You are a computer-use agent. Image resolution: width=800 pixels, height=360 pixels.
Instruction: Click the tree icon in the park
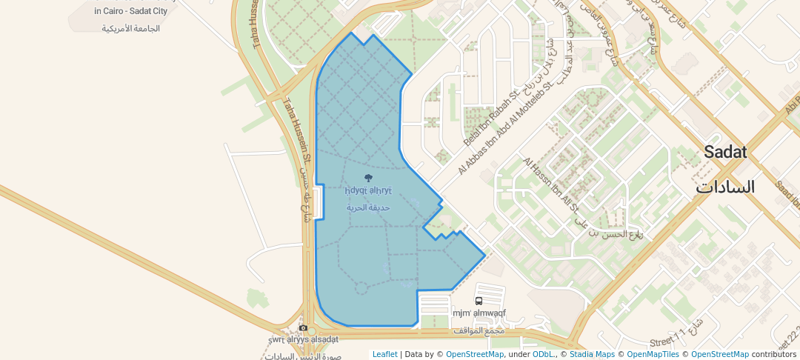[369, 178]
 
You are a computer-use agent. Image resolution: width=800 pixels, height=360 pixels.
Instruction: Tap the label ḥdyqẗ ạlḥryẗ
[368, 191]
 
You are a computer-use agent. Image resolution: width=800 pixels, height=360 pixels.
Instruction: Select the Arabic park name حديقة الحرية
[368, 207]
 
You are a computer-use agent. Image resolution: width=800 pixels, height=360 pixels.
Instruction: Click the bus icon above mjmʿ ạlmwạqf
[479, 301]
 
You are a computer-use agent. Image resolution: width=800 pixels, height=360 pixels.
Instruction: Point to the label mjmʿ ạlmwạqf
[479, 313]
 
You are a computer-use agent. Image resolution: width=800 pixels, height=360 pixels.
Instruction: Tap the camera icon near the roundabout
[303, 328]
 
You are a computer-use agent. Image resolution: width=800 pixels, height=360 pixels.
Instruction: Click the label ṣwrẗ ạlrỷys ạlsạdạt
[303, 339]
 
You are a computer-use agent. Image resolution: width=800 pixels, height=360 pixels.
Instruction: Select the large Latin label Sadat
[724, 153]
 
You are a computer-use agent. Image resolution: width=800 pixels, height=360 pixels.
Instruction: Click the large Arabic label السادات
[724, 187]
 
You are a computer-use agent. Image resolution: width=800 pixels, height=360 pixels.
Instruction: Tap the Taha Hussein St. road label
[296, 130]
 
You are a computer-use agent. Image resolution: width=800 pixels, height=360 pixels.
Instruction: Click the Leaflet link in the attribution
[384, 354]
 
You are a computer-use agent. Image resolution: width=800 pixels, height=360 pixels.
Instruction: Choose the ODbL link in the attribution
[543, 354]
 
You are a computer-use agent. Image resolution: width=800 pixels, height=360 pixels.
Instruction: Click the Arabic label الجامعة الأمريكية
[130, 29]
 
